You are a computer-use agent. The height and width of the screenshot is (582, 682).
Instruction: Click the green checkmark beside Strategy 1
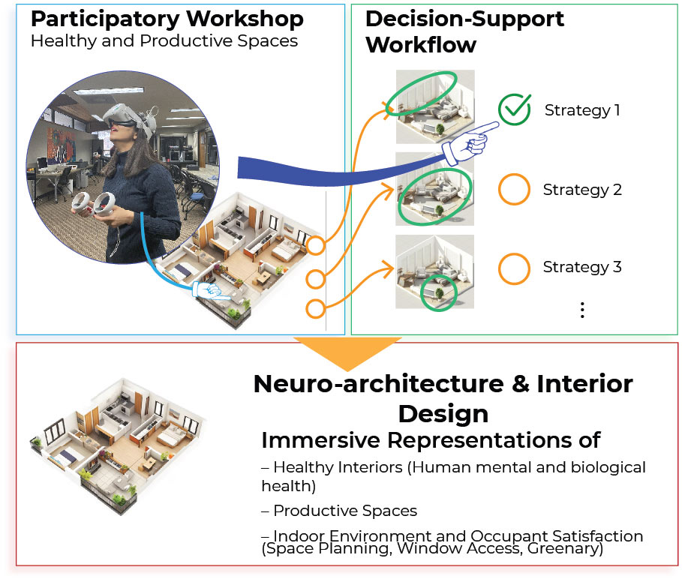pyautogui.click(x=514, y=109)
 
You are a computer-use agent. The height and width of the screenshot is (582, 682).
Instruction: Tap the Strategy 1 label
pyautogui.click(x=582, y=110)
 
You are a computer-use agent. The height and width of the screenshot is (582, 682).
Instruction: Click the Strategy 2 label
pyautogui.click(x=582, y=190)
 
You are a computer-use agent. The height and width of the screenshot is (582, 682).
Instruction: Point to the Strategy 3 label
pyautogui.click(x=582, y=267)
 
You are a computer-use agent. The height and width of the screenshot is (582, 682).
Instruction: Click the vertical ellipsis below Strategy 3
pyautogui.click(x=582, y=310)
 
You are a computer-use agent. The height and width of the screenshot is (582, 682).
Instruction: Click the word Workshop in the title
pyautogui.click(x=245, y=19)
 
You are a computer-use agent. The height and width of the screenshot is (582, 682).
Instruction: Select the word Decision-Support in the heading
pyautogui.click(x=464, y=19)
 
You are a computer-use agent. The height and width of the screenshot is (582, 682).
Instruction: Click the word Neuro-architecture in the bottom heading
pyautogui.click(x=378, y=384)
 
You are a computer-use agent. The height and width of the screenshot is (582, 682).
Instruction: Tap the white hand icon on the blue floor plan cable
pyautogui.click(x=210, y=291)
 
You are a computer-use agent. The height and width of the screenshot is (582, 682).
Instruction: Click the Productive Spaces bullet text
pyautogui.click(x=339, y=511)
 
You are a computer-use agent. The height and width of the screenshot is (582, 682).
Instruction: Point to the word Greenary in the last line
pyautogui.click(x=565, y=548)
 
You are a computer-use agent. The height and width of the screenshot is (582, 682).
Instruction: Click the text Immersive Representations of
pyautogui.click(x=431, y=440)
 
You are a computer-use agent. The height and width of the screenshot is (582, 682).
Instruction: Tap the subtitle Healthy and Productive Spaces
pyautogui.click(x=164, y=41)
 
